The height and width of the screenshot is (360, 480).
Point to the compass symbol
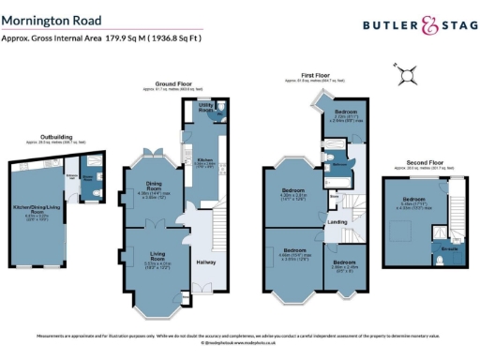point(409,72)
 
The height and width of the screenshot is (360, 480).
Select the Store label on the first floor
point(333,198)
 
